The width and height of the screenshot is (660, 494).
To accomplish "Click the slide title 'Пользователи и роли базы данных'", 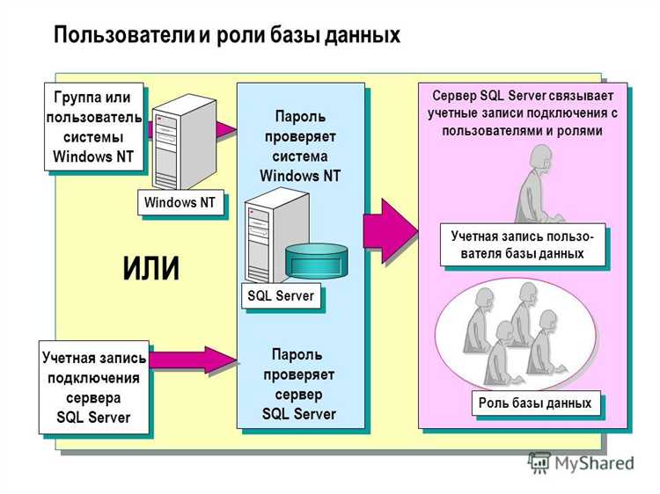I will pos(227,34).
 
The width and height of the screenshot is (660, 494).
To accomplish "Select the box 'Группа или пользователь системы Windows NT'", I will pos(93,126).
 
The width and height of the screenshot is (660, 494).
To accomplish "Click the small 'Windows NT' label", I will pos(180,203).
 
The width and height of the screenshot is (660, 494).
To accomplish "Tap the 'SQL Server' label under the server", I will pos(281,296).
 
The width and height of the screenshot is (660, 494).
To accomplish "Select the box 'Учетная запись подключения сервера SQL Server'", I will pos(93,387).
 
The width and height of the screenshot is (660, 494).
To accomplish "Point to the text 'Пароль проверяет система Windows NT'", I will pos(299,146).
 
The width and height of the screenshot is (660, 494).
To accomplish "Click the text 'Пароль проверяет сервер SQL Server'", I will pos(299,384).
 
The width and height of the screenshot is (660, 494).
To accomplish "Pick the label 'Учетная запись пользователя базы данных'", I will pos(522,244).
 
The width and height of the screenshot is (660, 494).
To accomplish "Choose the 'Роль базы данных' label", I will pos(535,403).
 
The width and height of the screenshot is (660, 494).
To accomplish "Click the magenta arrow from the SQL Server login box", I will pos(192,360).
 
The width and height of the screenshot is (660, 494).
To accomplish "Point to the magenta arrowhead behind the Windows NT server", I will pos(226,130).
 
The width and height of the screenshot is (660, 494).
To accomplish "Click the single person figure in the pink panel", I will pos(536,185).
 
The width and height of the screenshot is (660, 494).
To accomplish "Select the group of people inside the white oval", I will pos(510,338).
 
